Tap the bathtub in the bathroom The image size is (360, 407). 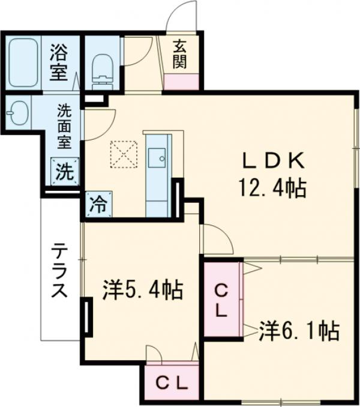point(24,62)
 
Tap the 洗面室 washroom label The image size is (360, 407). point(64,126)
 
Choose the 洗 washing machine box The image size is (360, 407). point(64,172)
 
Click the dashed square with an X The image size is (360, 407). point(124,154)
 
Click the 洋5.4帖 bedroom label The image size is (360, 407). point(142,292)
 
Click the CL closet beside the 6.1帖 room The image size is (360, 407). point(221,301)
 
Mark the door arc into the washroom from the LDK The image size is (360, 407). point(98,127)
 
